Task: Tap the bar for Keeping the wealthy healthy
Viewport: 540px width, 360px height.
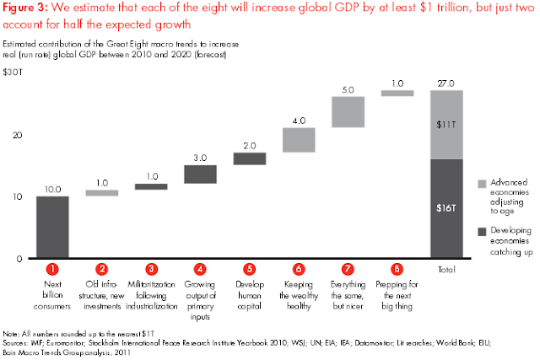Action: [299, 140]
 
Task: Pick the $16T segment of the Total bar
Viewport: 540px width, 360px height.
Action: [446, 208]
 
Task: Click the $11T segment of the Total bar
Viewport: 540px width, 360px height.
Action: [446, 124]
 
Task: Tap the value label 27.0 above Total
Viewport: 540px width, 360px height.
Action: [446, 83]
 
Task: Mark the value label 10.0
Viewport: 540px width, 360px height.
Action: [52, 189]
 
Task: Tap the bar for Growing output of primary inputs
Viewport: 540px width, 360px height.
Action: [201, 174]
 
